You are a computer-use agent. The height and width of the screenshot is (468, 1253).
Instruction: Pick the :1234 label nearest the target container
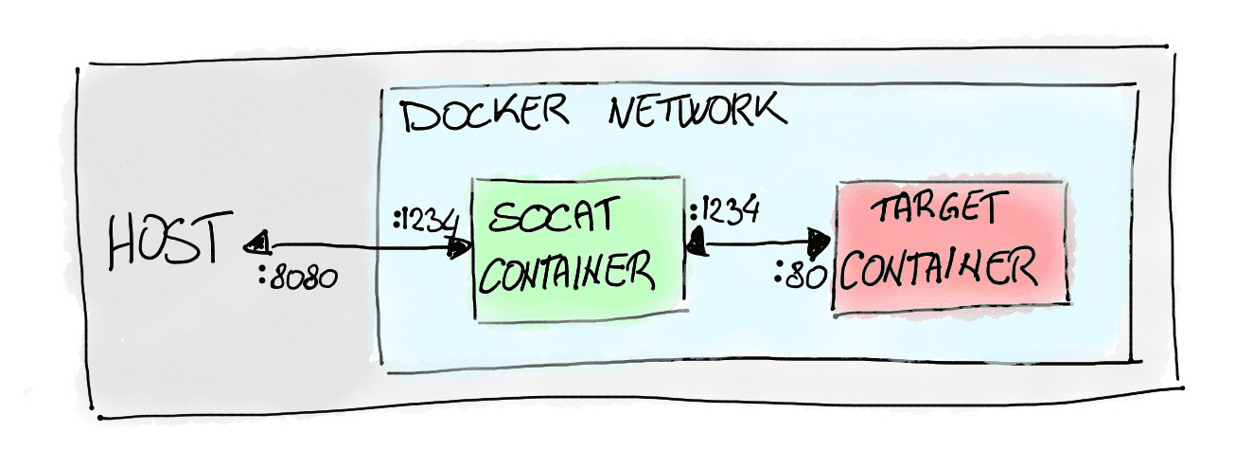point(725,209)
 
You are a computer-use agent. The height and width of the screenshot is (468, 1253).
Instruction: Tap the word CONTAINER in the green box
point(572,273)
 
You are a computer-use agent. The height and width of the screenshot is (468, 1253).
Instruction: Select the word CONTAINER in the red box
point(938,270)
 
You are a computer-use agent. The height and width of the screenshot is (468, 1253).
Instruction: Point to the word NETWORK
point(696,111)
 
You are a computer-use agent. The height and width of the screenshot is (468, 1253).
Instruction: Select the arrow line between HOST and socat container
point(360,247)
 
